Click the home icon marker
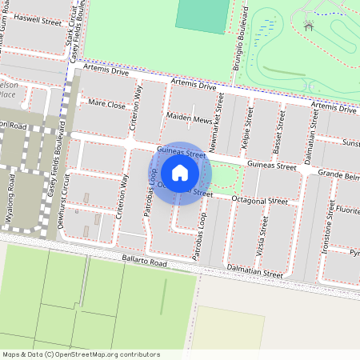tap(180, 173)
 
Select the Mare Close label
tap(107, 105)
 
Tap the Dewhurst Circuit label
tap(66, 204)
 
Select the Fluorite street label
tap(346, 212)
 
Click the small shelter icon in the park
tap(309, 26)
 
